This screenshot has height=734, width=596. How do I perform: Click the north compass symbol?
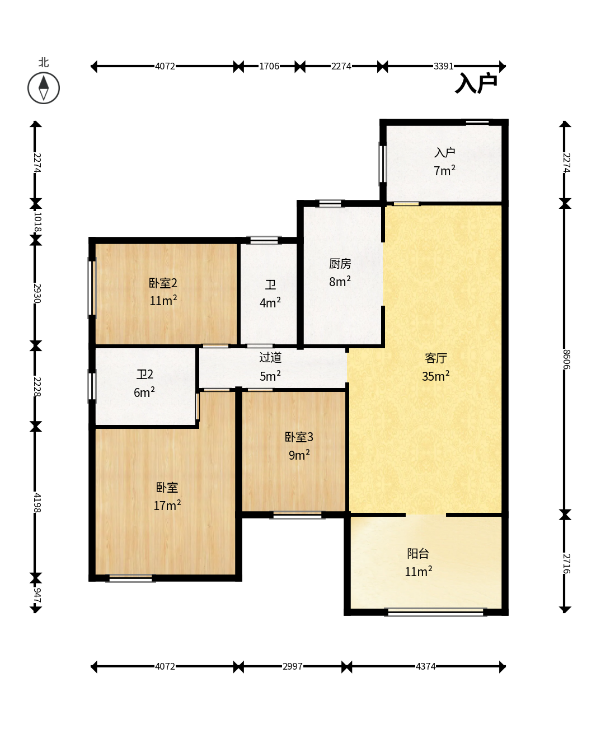44,88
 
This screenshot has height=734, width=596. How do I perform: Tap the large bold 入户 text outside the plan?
476,83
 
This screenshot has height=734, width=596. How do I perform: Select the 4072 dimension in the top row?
165,66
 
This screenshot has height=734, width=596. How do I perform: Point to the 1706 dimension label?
269,66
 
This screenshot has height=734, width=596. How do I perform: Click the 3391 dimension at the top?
443,66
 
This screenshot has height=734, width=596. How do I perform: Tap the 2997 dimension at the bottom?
293,666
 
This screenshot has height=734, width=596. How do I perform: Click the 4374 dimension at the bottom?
425,666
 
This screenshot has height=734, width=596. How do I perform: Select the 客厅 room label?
436,358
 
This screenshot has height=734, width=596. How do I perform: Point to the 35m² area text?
436,376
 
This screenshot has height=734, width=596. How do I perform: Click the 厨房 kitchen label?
340,264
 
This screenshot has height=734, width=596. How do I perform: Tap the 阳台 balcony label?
418,554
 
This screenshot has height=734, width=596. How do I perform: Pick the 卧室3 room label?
299,437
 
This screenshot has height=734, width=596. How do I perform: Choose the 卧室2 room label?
163,283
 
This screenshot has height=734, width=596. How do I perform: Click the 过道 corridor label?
270,357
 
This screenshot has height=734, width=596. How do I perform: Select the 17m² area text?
167,505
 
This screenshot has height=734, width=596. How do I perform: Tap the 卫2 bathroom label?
145,374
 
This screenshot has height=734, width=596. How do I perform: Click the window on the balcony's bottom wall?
435,612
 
